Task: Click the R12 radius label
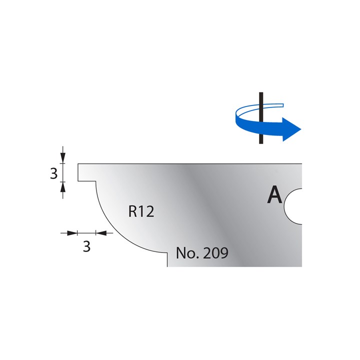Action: (x=140, y=211)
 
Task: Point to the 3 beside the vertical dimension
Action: (x=54, y=173)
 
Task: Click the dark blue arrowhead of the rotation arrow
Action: (x=289, y=128)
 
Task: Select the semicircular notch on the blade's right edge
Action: (x=295, y=206)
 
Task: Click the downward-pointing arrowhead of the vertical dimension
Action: (x=63, y=158)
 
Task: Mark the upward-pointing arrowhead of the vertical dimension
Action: (x=63, y=187)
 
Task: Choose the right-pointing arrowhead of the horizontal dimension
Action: (x=73, y=232)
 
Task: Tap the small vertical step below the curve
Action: (x=167, y=259)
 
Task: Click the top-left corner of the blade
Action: (x=78, y=163)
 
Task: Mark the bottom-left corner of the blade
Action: (x=167, y=266)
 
